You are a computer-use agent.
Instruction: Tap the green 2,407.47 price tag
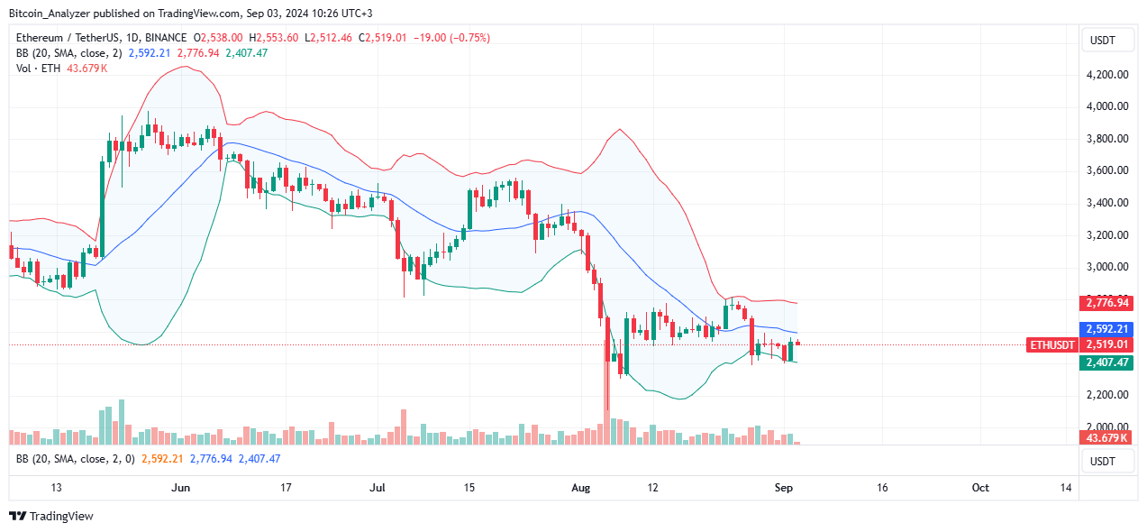[1105, 362]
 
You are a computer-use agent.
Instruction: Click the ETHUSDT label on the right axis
[1051, 344]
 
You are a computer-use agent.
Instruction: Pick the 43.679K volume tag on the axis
[1105, 437]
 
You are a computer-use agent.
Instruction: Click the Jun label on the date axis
[181, 488]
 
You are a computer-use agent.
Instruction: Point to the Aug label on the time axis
[581, 488]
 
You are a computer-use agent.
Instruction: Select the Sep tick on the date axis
[784, 488]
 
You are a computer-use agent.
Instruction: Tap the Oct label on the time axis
[980, 488]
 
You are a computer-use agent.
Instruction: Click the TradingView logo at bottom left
[51, 516]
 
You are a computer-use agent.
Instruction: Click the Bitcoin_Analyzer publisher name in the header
[50, 12]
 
